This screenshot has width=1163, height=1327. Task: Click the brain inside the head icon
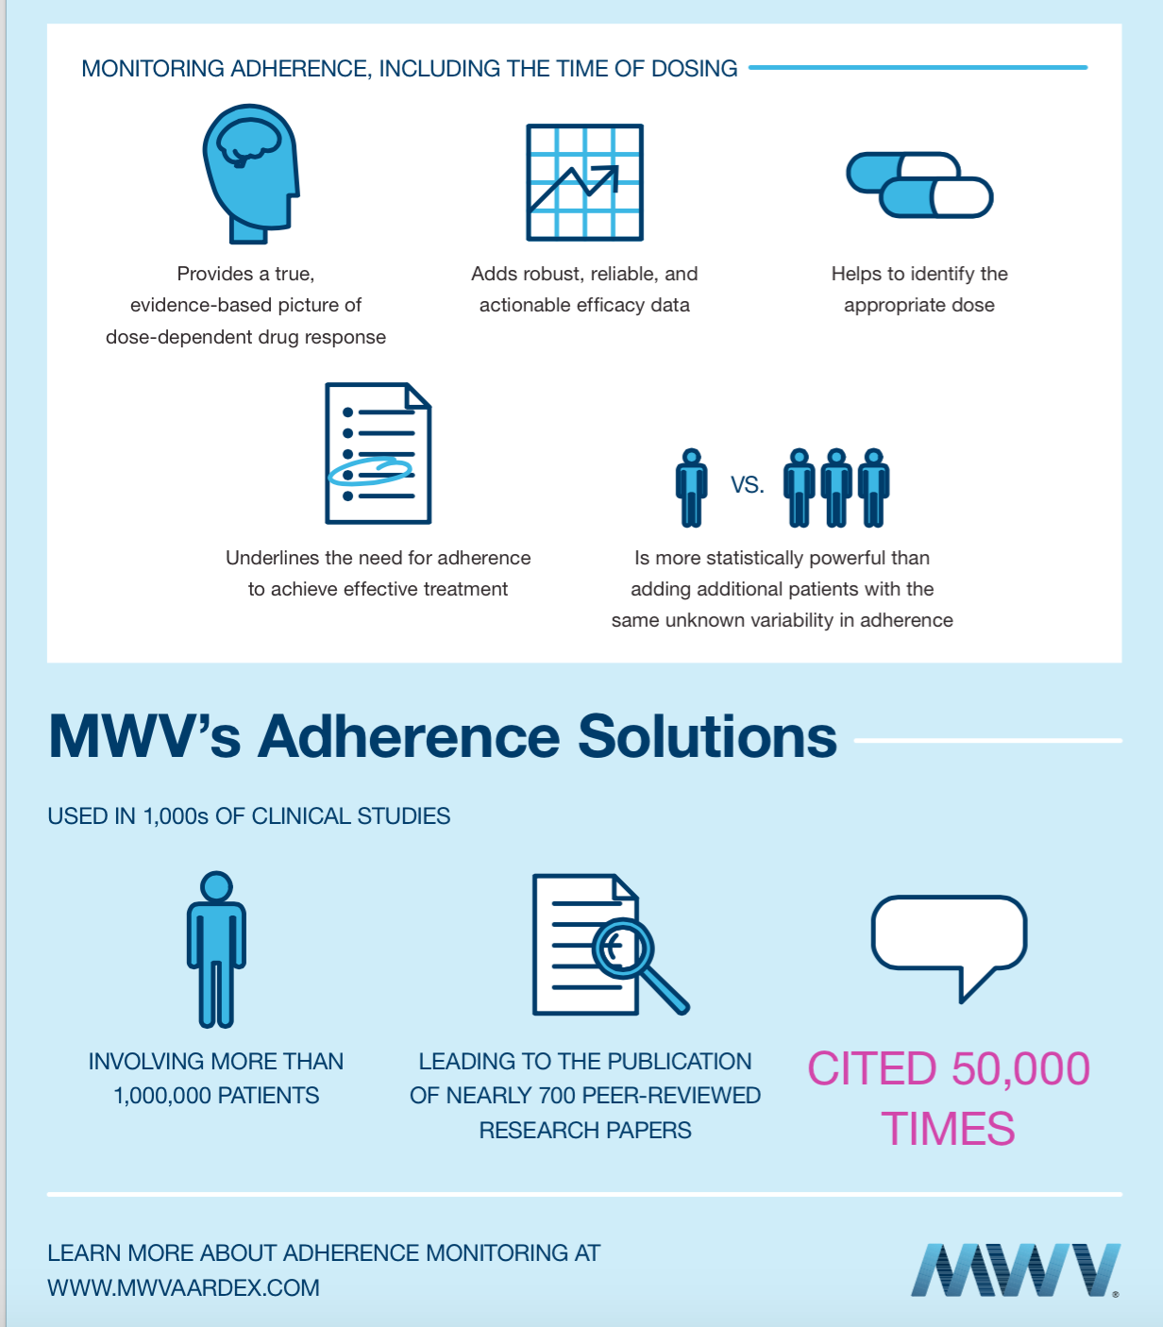pyautogui.click(x=247, y=142)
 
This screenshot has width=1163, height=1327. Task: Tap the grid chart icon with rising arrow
pyautogui.click(x=584, y=182)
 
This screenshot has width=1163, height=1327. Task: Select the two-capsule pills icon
pyautogui.click(x=919, y=185)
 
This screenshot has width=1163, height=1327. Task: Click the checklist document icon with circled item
pyautogui.click(x=378, y=453)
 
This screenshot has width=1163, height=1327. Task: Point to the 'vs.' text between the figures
pyautogui.click(x=747, y=485)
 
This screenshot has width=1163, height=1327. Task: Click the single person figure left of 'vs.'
pyautogui.click(x=691, y=487)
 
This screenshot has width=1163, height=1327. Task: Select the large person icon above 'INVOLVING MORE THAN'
pyautogui.click(x=216, y=949)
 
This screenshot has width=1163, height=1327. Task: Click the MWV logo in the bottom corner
pyautogui.click(x=1015, y=1270)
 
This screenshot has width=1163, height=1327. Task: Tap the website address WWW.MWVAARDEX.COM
pyautogui.click(x=183, y=1288)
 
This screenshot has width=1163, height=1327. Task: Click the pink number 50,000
pyautogui.click(x=1020, y=1069)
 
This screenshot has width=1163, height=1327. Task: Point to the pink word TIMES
pyautogui.click(x=948, y=1129)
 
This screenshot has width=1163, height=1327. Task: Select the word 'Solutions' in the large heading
pyautogui.click(x=707, y=736)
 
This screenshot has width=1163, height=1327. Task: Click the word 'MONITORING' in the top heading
pyautogui.click(x=153, y=69)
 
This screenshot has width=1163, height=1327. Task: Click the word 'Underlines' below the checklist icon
pyautogui.click(x=272, y=558)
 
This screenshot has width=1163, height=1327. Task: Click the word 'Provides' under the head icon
pyautogui.click(x=214, y=274)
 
